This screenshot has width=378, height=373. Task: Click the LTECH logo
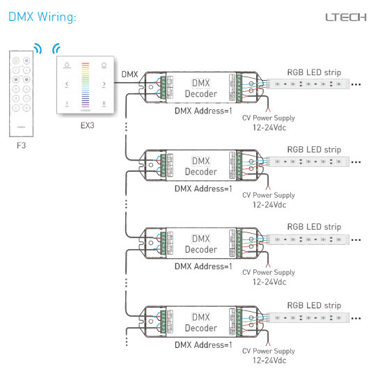pos(345,17)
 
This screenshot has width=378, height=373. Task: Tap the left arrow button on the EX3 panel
pos(67,85)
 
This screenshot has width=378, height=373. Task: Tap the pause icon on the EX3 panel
pos(104,104)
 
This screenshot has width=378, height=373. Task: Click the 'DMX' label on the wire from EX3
pos(129,74)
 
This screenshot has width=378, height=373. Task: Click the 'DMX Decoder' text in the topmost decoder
pos(200,88)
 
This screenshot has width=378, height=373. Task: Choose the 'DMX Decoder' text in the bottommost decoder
pos(200,322)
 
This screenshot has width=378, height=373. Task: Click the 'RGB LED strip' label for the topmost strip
pos(314,72)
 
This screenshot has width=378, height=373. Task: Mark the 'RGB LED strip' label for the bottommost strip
pos(314,305)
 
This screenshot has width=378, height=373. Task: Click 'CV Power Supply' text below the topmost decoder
pos(268,118)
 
